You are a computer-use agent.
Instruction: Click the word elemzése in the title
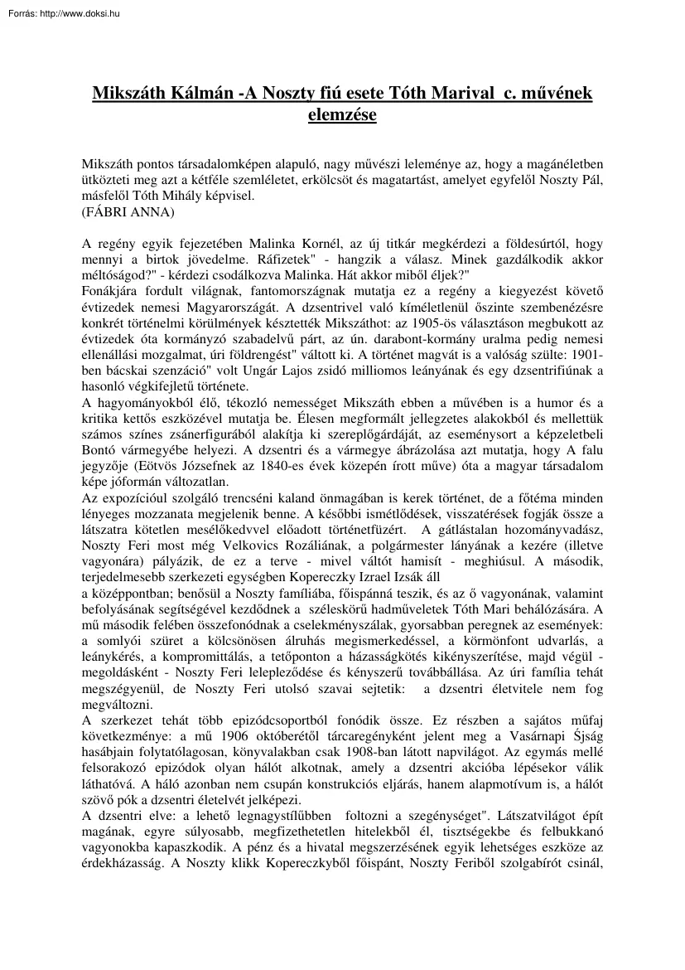click(x=342, y=115)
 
